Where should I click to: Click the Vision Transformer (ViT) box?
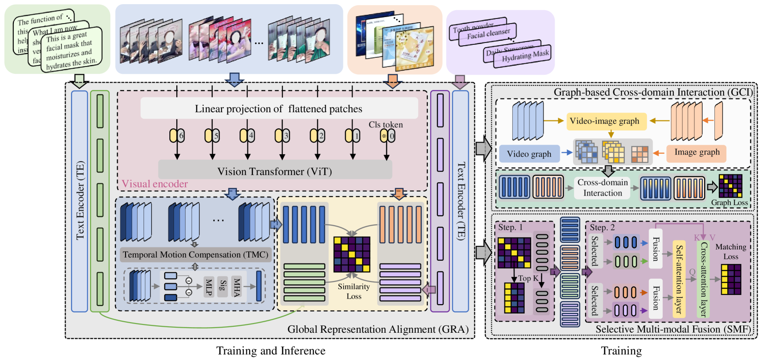[x=275, y=171]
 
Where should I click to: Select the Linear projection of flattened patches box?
[x=279, y=109]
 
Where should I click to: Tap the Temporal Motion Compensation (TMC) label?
[x=195, y=254]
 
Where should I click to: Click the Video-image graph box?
[x=604, y=121]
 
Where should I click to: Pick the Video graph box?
[x=529, y=154]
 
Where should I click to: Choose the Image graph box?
[x=697, y=152]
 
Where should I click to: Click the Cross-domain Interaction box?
[x=603, y=188]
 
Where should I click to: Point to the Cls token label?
[x=385, y=125]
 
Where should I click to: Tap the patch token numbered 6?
[x=177, y=136]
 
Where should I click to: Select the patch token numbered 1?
[x=353, y=136]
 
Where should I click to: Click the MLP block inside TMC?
[x=209, y=286]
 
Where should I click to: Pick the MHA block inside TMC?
[x=237, y=286]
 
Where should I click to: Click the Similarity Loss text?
[x=354, y=291]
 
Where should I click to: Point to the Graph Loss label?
[x=729, y=203]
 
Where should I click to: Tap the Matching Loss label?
[x=730, y=252]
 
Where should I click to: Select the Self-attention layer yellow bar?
[x=679, y=279]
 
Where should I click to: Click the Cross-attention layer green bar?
[x=703, y=279]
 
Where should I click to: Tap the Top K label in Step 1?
[x=528, y=278]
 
